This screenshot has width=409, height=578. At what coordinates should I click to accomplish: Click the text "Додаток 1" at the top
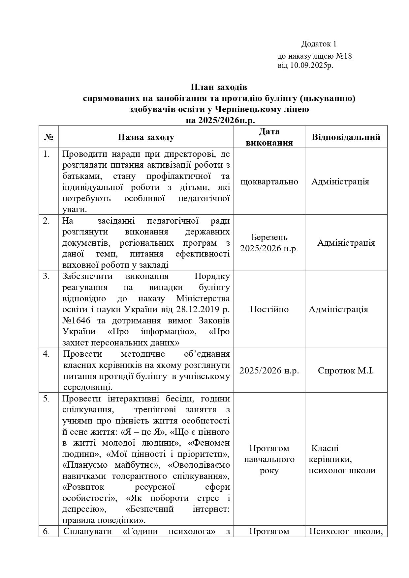(x=319, y=44)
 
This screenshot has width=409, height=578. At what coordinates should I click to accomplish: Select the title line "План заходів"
(x=219, y=87)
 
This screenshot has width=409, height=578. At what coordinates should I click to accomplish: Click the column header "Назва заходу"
(x=146, y=137)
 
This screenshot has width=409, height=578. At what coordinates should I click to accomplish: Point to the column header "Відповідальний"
(x=346, y=137)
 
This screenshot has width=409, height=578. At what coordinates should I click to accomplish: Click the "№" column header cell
(x=48, y=137)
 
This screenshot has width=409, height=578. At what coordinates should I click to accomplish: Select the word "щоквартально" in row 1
(x=269, y=182)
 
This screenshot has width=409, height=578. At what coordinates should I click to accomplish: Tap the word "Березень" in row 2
(x=269, y=237)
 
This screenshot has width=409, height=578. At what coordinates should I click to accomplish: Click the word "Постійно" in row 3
(x=269, y=309)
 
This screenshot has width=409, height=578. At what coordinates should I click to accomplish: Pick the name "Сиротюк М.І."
(x=346, y=371)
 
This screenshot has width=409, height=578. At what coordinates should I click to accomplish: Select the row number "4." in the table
(x=46, y=354)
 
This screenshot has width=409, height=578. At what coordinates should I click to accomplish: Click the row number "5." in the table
(x=46, y=399)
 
